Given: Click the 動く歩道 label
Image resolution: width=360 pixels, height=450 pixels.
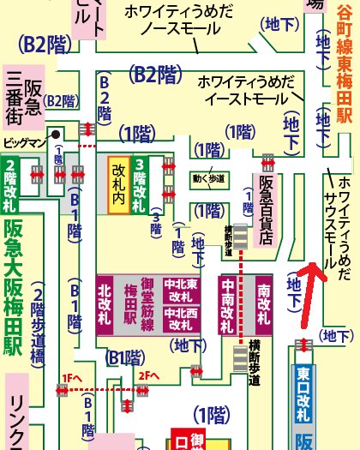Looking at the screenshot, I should click(209, 178).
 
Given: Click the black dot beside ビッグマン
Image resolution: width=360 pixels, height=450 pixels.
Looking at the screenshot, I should click(54, 134).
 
